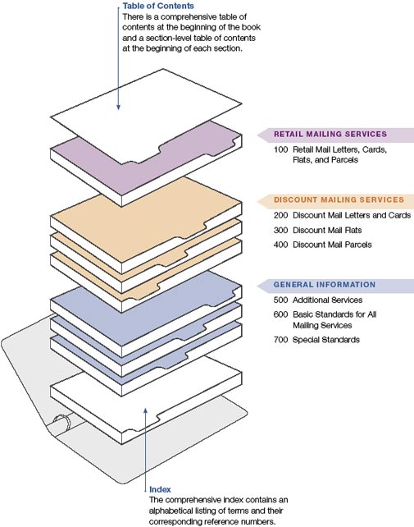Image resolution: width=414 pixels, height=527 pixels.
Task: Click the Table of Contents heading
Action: pyautogui.click(x=157, y=6)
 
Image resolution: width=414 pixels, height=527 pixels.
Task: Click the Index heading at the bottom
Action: pyautogui.click(x=160, y=489)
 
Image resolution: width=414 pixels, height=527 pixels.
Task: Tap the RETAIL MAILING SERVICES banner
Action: pyautogui.click(x=335, y=134)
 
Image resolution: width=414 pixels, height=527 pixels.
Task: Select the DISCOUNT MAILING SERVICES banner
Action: pyautogui.click(x=335, y=199)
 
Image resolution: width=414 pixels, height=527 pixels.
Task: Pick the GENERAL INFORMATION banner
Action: pyautogui.click(x=335, y=285)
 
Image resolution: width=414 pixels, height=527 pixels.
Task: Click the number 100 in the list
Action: pyautogui.click(x=280, y=149)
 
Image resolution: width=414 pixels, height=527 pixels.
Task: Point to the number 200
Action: pyautogui.click(x=280, y=215)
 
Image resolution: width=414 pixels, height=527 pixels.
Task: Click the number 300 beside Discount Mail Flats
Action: pyautogui.click(x=280, y=230)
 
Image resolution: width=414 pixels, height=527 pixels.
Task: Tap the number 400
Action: pyautogui.click(x=280, y=245)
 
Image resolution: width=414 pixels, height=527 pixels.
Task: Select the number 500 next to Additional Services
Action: pyautogui.click(x=280, y=300)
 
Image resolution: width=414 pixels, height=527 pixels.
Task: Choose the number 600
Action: pyautogui.click(x=280, y=314)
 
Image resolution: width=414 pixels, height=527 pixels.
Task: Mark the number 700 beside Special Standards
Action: pyautogui.click(x=280, y=340)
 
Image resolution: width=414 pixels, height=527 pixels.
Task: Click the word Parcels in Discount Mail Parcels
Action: pyautogui.click(x=359, y=245)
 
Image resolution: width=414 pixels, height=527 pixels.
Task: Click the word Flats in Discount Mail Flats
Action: pyautogui.click(x=354, y=230)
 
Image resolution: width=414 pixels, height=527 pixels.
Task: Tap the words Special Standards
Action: pyautogui.click(x=326, y=340)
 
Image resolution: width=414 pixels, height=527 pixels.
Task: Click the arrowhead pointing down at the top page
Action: pyautogui.click(x=118, y=108)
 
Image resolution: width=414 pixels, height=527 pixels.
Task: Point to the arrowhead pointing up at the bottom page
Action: pyautogui.click(x=145, y=410)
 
